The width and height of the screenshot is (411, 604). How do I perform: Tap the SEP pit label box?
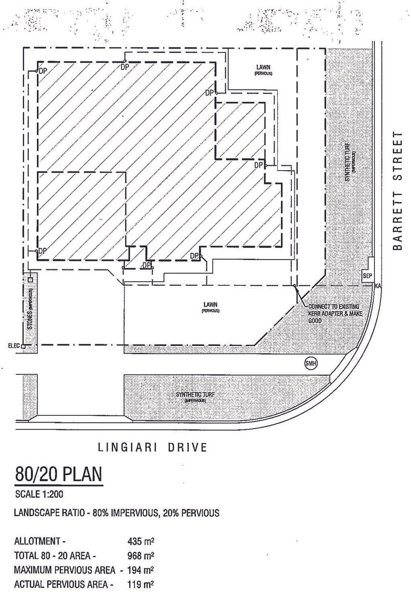[x=368, y=276]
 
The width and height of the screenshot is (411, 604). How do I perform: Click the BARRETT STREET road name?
[x=397, y=191]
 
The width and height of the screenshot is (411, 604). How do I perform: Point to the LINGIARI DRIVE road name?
[x=153, y=447]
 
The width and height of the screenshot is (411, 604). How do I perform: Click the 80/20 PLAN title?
[x=59, y=474]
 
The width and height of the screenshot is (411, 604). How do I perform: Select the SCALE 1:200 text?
[x=39, y=494]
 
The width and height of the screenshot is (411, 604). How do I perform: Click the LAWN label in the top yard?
[x=263, y=69]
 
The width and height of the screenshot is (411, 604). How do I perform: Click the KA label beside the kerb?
[x=377, y=286]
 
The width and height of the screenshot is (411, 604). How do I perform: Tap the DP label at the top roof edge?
[x=125, y=67]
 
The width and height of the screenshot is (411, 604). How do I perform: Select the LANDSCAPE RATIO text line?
[x=116, y=513]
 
